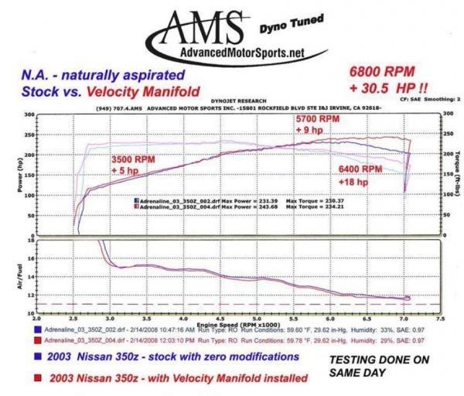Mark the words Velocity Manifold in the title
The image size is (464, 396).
pos(148,90)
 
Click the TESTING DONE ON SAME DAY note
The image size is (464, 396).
pos(379,365)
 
